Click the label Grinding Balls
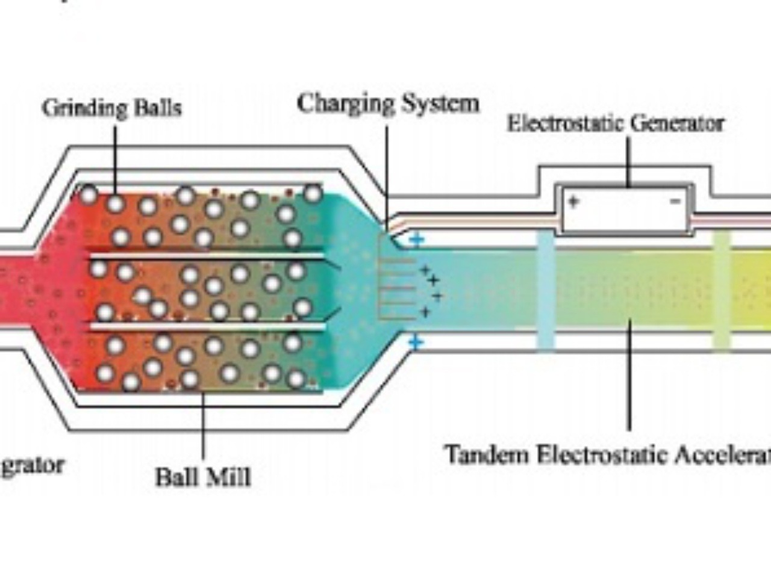pyautogui.click(x=112, y=108)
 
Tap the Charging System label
pyautogui.click(x=389, y=104)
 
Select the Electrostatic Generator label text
pyautogui.click(x=615, y=123)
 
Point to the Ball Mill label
pyautogui.click(x=203, y=477)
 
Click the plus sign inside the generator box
pyautogui.click(x=573, y=202)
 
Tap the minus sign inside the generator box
pyautogui.click(x=676, y=202)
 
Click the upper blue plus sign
pyautogui.click(x=416, y=240)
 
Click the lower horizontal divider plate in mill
pyautogui.click(x=208, y=327)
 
